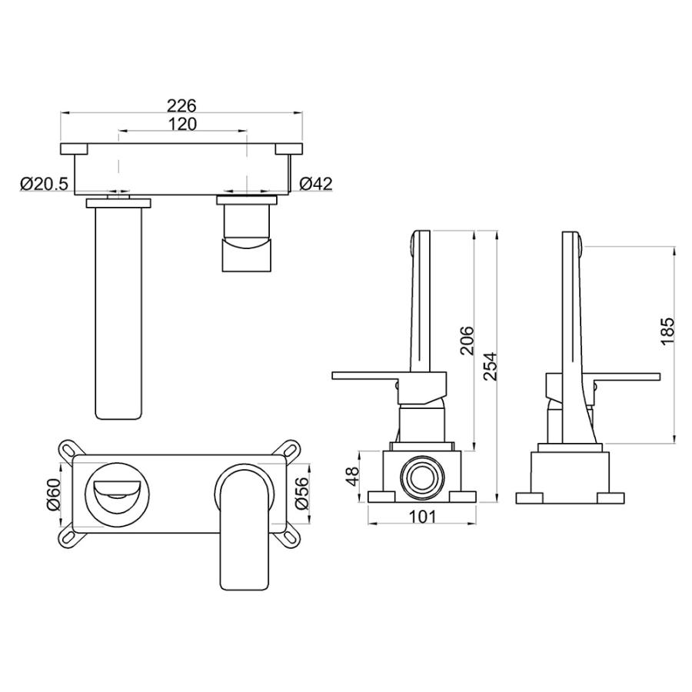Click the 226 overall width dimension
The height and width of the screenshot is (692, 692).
coord(181,106)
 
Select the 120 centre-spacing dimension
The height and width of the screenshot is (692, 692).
coord(182,124)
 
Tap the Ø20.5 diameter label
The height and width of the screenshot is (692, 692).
coord(45,184)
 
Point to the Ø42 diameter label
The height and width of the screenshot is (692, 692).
coord(316,184)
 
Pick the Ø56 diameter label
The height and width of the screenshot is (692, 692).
coord(302,494)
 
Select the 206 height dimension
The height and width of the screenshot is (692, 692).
coord(467,341)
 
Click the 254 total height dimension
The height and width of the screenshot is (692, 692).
coord(491,366)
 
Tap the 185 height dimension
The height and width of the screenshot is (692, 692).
coord(667,331)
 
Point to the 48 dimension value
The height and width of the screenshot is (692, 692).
coord(354,476)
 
